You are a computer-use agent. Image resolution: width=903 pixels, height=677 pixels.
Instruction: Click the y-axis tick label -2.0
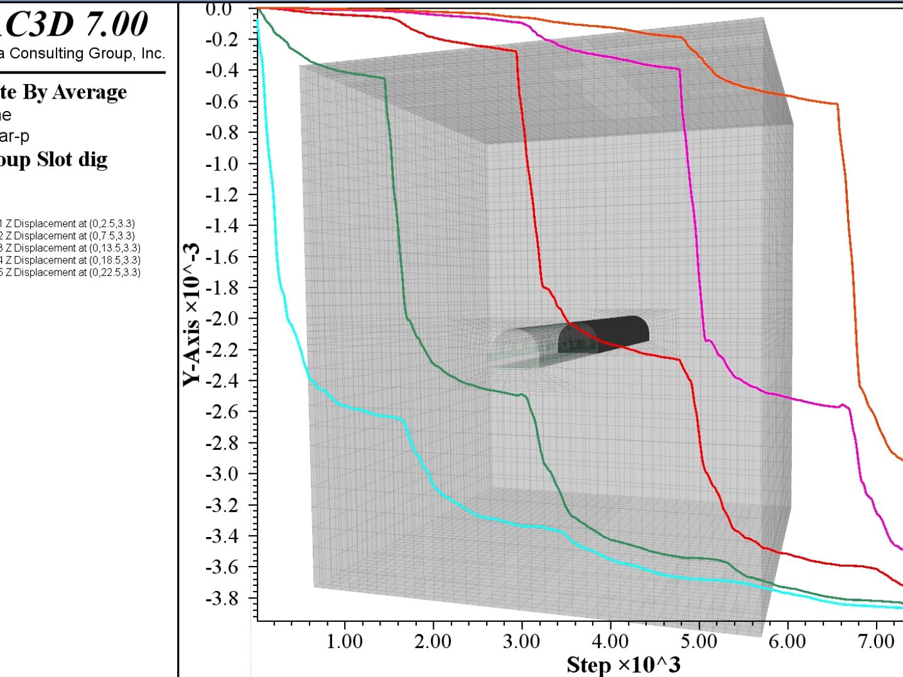coord(223,318)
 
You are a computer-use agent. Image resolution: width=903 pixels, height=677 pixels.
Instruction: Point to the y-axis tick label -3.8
coord(223,598)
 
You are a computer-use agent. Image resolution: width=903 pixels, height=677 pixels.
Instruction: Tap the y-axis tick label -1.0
coord(223,163)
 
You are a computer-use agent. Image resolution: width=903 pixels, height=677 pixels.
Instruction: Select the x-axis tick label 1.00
coord(345,641)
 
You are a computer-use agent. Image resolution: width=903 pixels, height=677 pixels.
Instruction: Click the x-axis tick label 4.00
coord(610,641)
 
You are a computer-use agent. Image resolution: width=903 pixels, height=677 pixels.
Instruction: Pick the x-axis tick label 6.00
coord(787,641)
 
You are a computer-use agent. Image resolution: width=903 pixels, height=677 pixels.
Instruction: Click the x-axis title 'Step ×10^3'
coord(623,664)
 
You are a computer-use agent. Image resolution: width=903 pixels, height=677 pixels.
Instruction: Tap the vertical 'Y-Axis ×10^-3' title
coord(192,314)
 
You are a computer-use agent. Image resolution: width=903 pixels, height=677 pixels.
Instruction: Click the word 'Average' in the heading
coord(89,92)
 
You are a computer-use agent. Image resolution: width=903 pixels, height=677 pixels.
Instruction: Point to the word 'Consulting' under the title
coord(47,53)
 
